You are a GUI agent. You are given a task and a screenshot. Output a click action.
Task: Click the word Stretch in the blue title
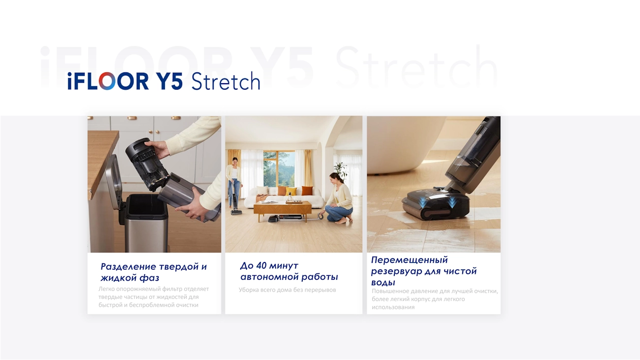point(225,81)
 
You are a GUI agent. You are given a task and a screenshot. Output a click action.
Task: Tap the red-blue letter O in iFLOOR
point(107,81)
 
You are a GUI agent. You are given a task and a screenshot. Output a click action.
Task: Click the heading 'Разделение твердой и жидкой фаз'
point(154,272)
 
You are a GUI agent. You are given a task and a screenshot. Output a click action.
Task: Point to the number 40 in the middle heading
point(261,265)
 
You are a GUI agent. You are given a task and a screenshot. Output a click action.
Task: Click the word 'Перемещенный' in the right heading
point(410,260)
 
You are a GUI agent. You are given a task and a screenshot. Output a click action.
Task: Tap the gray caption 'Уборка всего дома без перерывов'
point(288,290)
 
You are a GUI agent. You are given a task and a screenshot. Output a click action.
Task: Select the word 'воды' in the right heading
point(383,283)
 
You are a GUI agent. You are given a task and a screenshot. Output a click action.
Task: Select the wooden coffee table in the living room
point(282,210)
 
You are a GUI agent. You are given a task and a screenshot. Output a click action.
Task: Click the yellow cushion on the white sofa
point(291,191)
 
